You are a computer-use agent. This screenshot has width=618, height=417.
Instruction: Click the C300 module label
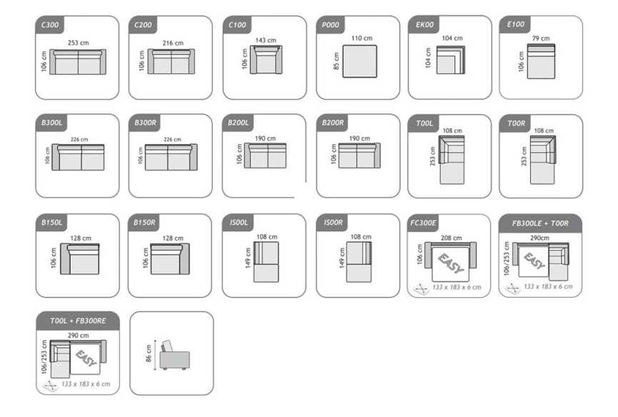click(x=50, y=25)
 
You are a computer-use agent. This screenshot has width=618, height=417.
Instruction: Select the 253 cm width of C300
click(x=78, y=43)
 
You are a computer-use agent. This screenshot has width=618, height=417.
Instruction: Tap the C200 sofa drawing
click(x=171, y=61)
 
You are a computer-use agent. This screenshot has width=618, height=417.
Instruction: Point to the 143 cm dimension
click(x=266, y=40)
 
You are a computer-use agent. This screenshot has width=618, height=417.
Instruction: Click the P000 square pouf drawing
click(x=359, y=61)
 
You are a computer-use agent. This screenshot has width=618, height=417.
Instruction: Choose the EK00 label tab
click(x=424, y=25)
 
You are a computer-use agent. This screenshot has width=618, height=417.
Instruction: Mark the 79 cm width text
click(x=541, y=38)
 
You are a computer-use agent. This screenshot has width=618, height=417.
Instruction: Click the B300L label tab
click(x=51, y=123)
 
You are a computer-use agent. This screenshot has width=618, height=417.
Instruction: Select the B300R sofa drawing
click(x=171, y=157)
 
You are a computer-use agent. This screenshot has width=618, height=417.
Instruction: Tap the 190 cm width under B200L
click(x=265, y=139)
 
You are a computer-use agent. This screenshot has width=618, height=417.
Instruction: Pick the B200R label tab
click(x=333, y=123)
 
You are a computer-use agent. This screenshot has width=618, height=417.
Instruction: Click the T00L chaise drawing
click(x=452, y=160)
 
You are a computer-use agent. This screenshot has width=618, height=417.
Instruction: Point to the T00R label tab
click(x=516, y=124)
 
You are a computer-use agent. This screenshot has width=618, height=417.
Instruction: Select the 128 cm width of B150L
click(x=81, y=238)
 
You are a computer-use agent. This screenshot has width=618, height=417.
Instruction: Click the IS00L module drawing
click(x=266, y=262)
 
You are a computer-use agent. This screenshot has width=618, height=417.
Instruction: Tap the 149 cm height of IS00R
click(x=342, y=258)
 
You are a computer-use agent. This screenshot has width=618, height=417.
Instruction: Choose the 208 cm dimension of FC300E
click(x=451, y=238)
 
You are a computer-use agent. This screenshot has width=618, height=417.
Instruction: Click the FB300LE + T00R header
click(x=540, y=223)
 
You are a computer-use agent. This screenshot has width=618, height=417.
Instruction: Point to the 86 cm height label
click(x=148, y=353)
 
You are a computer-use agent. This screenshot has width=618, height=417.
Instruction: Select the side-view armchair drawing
click(x=174, y=355)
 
